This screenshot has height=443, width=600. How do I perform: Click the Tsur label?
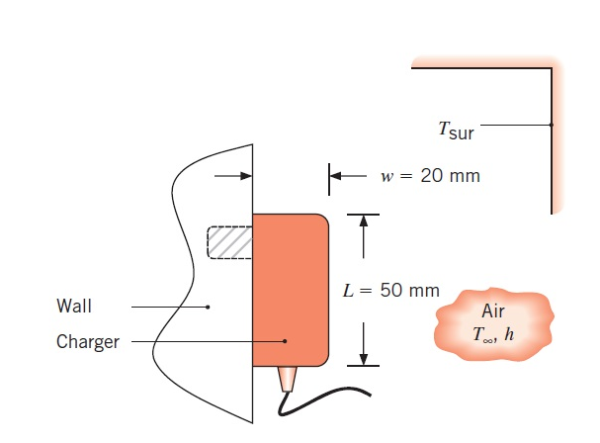[x=456, y=129]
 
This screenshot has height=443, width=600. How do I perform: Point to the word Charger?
[x=88, y=342]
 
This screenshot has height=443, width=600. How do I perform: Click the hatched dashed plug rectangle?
[x=229, y=243]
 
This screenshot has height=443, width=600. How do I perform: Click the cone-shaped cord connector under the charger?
[x=288, y=378]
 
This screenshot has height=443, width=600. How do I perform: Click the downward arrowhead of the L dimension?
[x=364, y=359]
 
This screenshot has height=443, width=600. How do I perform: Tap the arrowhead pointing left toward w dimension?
[x=336, y=176]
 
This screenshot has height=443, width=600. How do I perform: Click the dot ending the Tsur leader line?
[x=551, y=126]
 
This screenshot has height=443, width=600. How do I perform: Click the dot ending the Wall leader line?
[x=209, y=307]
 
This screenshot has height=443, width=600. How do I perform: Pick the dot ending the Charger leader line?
[x=285, y=342]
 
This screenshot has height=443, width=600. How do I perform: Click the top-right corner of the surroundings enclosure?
[x=550, y=69]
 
